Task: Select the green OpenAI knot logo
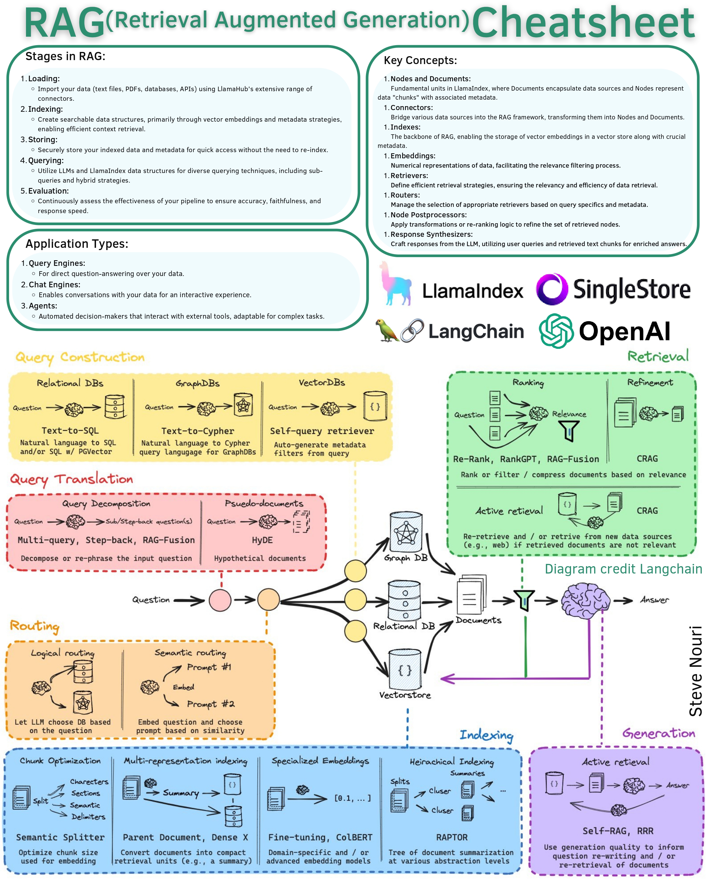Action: pyautogui.click(x=556, y=331)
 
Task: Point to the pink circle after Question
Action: pyautogui.click(x=220, y=600)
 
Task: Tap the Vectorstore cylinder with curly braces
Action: pyautogui.click(x=405, y=670)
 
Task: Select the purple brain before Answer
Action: pyautogui.click(x=585, y=600)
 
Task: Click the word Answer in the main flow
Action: pyautogui.click(x=654, y=600)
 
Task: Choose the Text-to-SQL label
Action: pyautogui.click(x=70, y=430)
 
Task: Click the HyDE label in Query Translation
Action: pyautogui.click(x=262, y=540)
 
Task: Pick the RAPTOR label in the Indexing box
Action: pyautogui.click(x=452, y=837)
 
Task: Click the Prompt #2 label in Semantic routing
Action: pyautogui.click(x=210, y=704)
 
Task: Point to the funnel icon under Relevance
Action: pyautogui.click(x=568, y=431)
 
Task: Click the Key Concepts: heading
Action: pyautogui.click(x=420, y=61)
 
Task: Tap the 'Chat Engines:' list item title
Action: pyautogui.click(x=55, y=285)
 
